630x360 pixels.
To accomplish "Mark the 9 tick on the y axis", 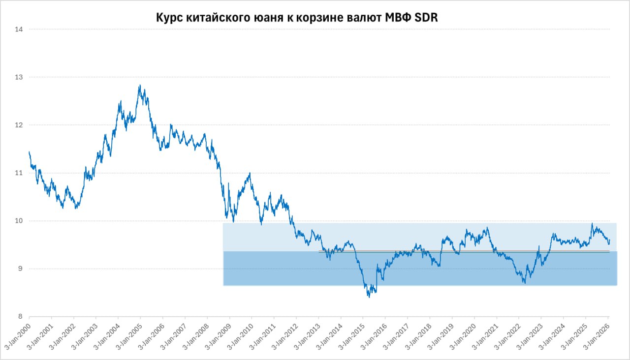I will (20, 269).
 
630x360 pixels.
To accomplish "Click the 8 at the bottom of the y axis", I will (20, 317).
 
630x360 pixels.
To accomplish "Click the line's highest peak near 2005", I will (140, 85).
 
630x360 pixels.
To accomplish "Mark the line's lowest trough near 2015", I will (369, 297).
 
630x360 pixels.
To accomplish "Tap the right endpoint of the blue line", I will (609, 240).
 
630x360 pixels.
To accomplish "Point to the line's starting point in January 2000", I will (29, 151).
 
